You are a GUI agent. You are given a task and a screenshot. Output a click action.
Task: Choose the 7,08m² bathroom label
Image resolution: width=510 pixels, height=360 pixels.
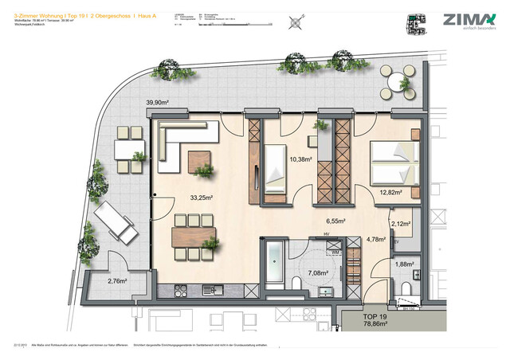[306, 273]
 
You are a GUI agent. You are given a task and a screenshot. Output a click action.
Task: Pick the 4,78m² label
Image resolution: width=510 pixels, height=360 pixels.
[375, 239]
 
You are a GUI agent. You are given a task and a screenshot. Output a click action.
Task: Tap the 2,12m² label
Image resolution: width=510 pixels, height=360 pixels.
[401, 225]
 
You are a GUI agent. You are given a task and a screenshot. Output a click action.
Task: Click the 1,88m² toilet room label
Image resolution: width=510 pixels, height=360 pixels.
[406, 265]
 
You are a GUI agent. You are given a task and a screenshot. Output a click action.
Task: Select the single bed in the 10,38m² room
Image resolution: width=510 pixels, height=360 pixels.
[275, 170]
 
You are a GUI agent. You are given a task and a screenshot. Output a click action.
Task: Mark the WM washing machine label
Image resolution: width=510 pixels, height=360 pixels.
[336, 252]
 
